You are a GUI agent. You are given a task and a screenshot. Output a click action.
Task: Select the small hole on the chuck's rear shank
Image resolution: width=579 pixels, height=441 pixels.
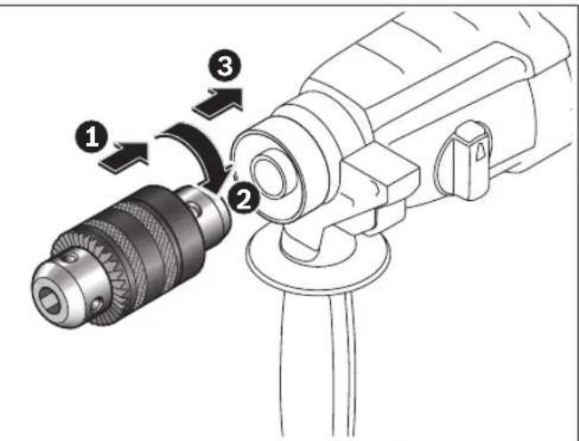click(x=195, y=208)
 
